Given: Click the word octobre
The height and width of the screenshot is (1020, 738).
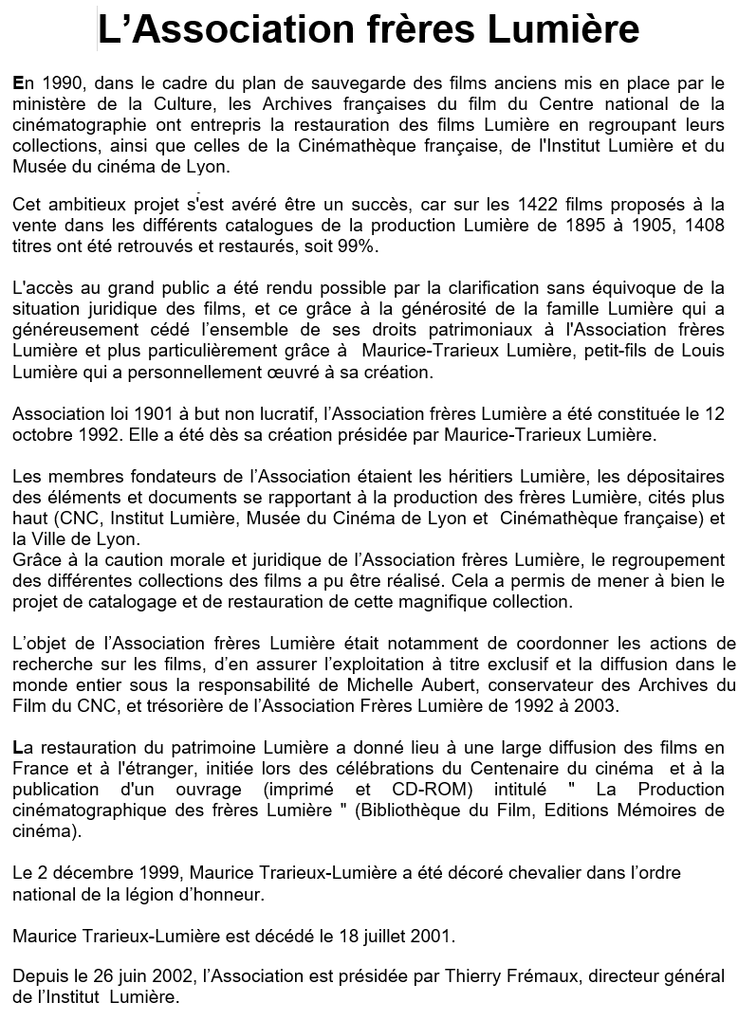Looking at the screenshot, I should pyautogui.click(x=42, y=435).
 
